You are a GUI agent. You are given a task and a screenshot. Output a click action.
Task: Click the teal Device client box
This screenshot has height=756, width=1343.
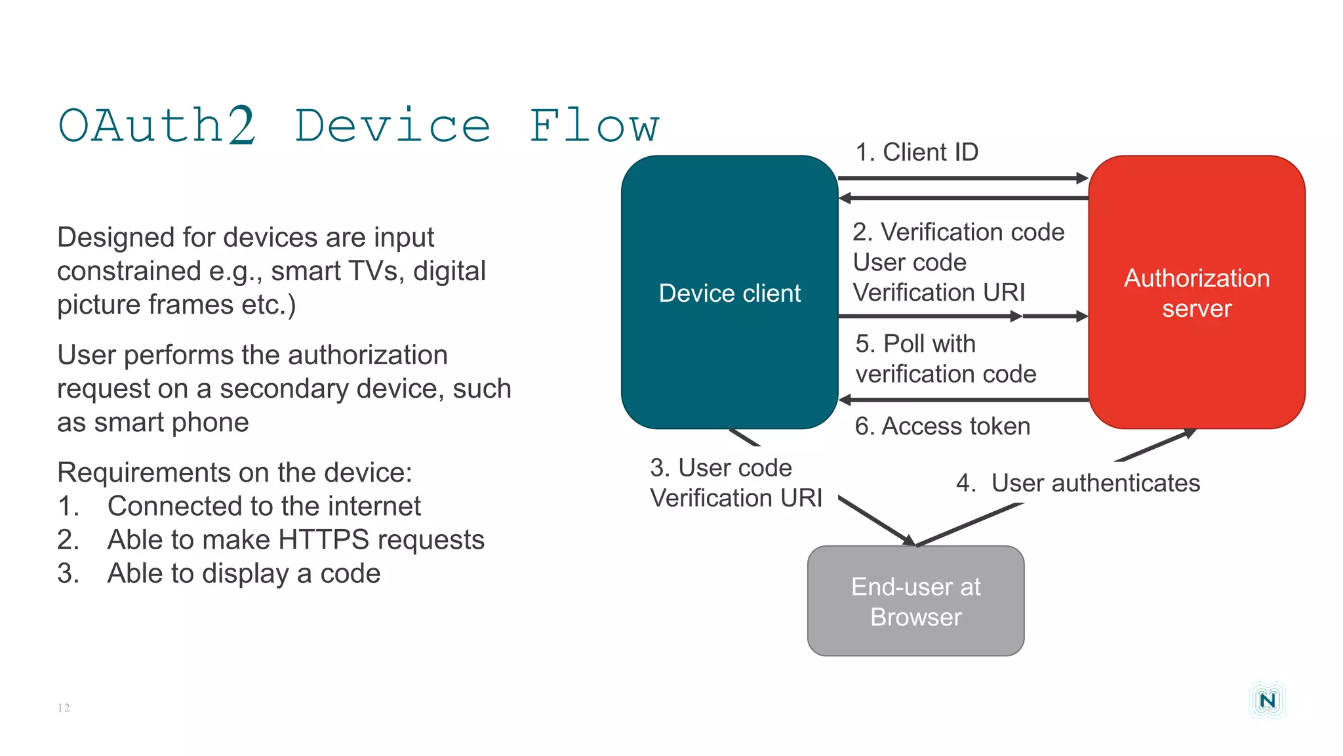[729, 293]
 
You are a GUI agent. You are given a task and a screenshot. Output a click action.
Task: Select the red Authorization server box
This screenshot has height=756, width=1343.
[1196, 293]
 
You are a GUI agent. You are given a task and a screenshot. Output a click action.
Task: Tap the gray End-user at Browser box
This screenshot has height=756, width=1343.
[915, 601]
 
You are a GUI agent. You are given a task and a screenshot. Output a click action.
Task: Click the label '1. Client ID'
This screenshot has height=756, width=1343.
[916, 152]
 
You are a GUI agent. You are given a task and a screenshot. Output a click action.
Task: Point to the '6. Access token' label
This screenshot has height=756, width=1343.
[942, 427]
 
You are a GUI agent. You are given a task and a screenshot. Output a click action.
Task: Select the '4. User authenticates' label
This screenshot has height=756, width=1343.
[1078, 483]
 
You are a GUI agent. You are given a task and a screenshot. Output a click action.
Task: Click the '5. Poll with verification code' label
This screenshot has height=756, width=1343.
[945, 359]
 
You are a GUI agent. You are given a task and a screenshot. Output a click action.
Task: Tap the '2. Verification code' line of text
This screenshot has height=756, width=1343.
[958, 232]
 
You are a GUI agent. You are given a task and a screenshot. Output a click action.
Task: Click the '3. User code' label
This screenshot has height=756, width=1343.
[721, 468]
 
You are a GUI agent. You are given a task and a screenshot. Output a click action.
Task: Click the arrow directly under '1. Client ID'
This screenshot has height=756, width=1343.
[963, 178]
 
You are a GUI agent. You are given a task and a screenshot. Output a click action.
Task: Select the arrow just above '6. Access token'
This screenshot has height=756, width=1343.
[963, 399]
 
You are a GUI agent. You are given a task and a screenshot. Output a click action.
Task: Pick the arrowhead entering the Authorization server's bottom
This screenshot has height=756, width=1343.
[1188, 433]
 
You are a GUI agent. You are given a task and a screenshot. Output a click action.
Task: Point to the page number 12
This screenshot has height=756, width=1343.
[64, 707]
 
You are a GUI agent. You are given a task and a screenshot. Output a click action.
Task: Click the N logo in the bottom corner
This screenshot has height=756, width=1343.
[1267, 700]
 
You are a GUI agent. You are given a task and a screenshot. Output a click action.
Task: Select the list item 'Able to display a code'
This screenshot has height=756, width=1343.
[243, 574]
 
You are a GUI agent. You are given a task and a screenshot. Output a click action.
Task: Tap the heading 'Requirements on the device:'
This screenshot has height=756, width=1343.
[234, 472]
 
